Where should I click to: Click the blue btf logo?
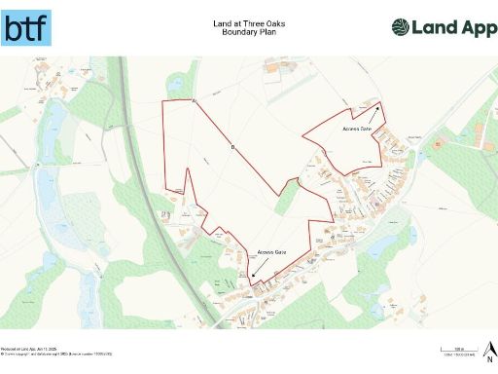27,28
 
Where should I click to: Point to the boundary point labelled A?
195,100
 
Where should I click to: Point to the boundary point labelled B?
232,147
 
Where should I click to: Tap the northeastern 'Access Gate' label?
357,129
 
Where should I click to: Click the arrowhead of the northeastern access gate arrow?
378,103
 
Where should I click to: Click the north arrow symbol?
490,346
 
